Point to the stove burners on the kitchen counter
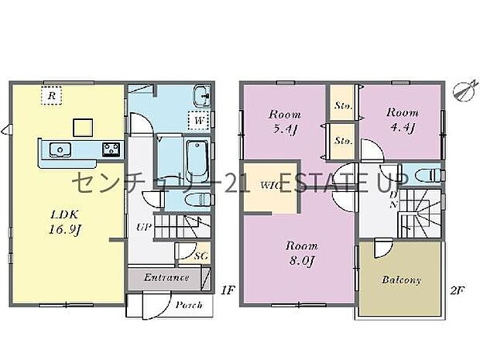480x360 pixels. click(x=109, y=149)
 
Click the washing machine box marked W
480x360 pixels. click(x=200, y=122)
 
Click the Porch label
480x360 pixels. click(x=188, y=304)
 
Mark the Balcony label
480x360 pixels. click(x=402, y=279)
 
